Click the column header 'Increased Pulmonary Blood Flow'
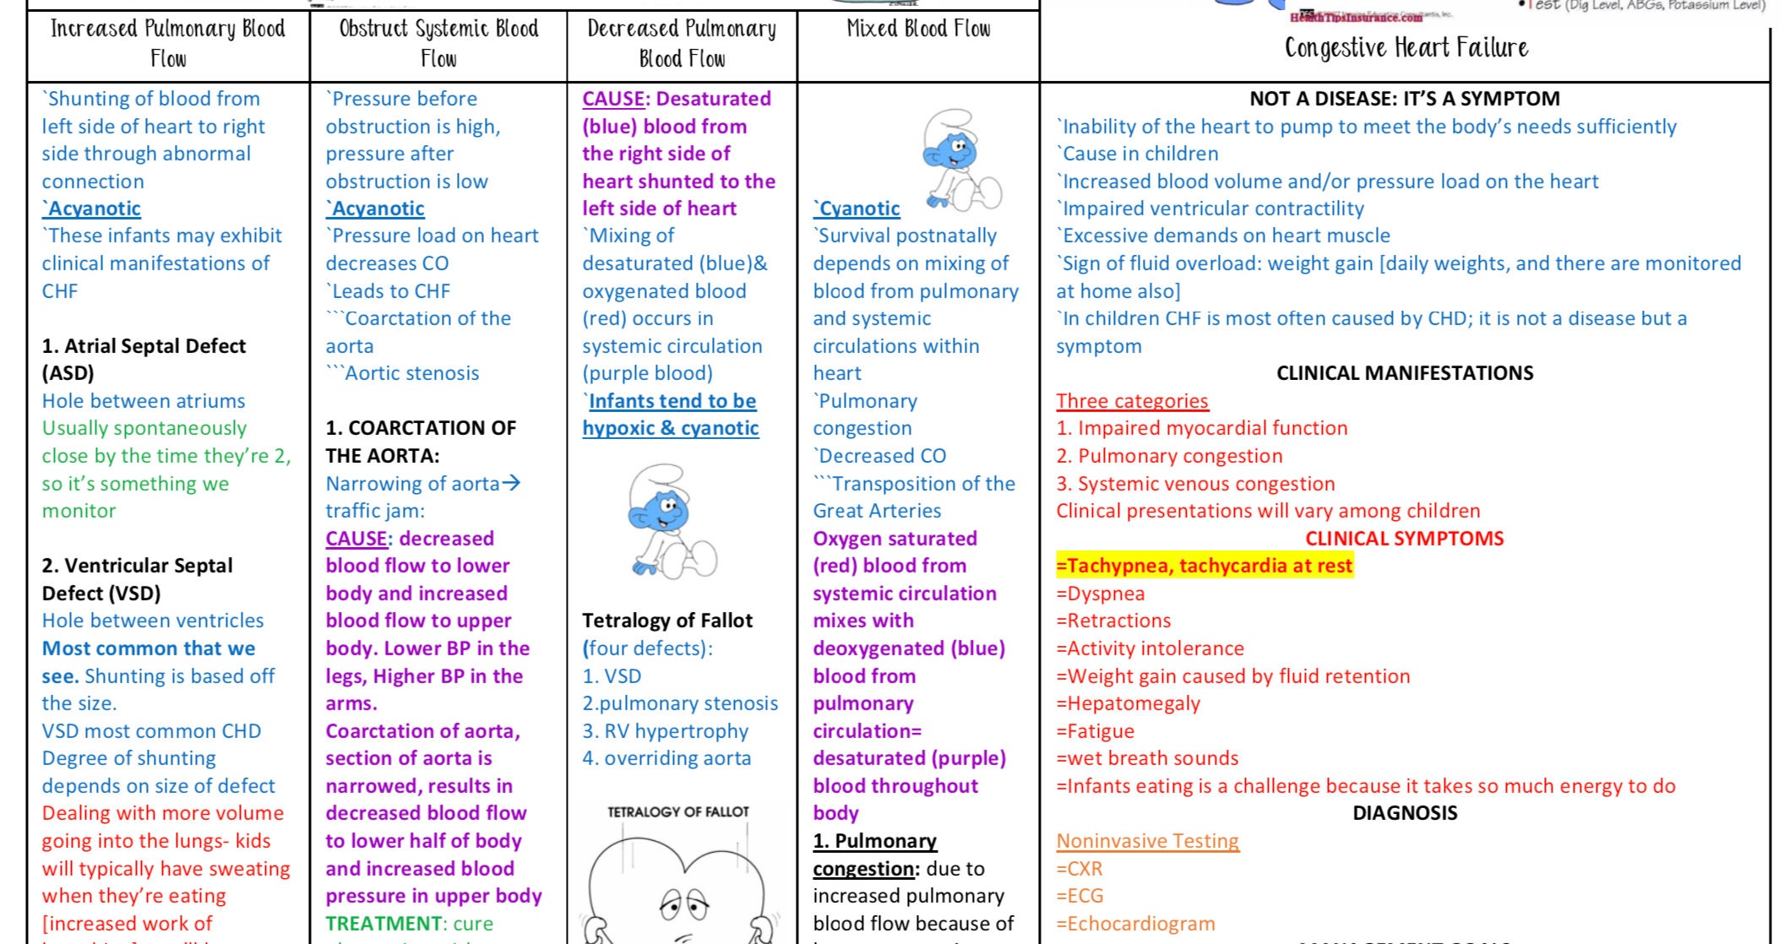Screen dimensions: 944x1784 (x=168, y=44)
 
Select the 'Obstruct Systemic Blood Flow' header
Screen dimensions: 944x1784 (x=438, y=44)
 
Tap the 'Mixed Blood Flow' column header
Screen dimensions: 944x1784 (x=918, y=30)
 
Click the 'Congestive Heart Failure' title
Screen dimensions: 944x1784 (x=1406, y=48)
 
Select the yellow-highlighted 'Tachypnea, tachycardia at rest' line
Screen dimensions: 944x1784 (x=1205, y=566)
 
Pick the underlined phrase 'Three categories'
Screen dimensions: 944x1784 (x=1132, y=401)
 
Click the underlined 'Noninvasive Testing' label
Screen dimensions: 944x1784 (x=1147, y=841)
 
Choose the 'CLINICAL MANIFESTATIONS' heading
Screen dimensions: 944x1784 (x=1404, y=373)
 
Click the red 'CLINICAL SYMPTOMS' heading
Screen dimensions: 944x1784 (x=1404, y=539)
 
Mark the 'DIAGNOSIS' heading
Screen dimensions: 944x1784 (x=1404, y=813)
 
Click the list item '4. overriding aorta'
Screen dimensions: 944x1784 (x=666, y=758)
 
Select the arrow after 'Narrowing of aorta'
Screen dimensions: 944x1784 (x=511, y=483)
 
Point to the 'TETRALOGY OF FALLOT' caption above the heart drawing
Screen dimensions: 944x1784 (x=677, y=812)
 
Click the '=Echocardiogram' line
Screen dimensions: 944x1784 (x=1135, y=924)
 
